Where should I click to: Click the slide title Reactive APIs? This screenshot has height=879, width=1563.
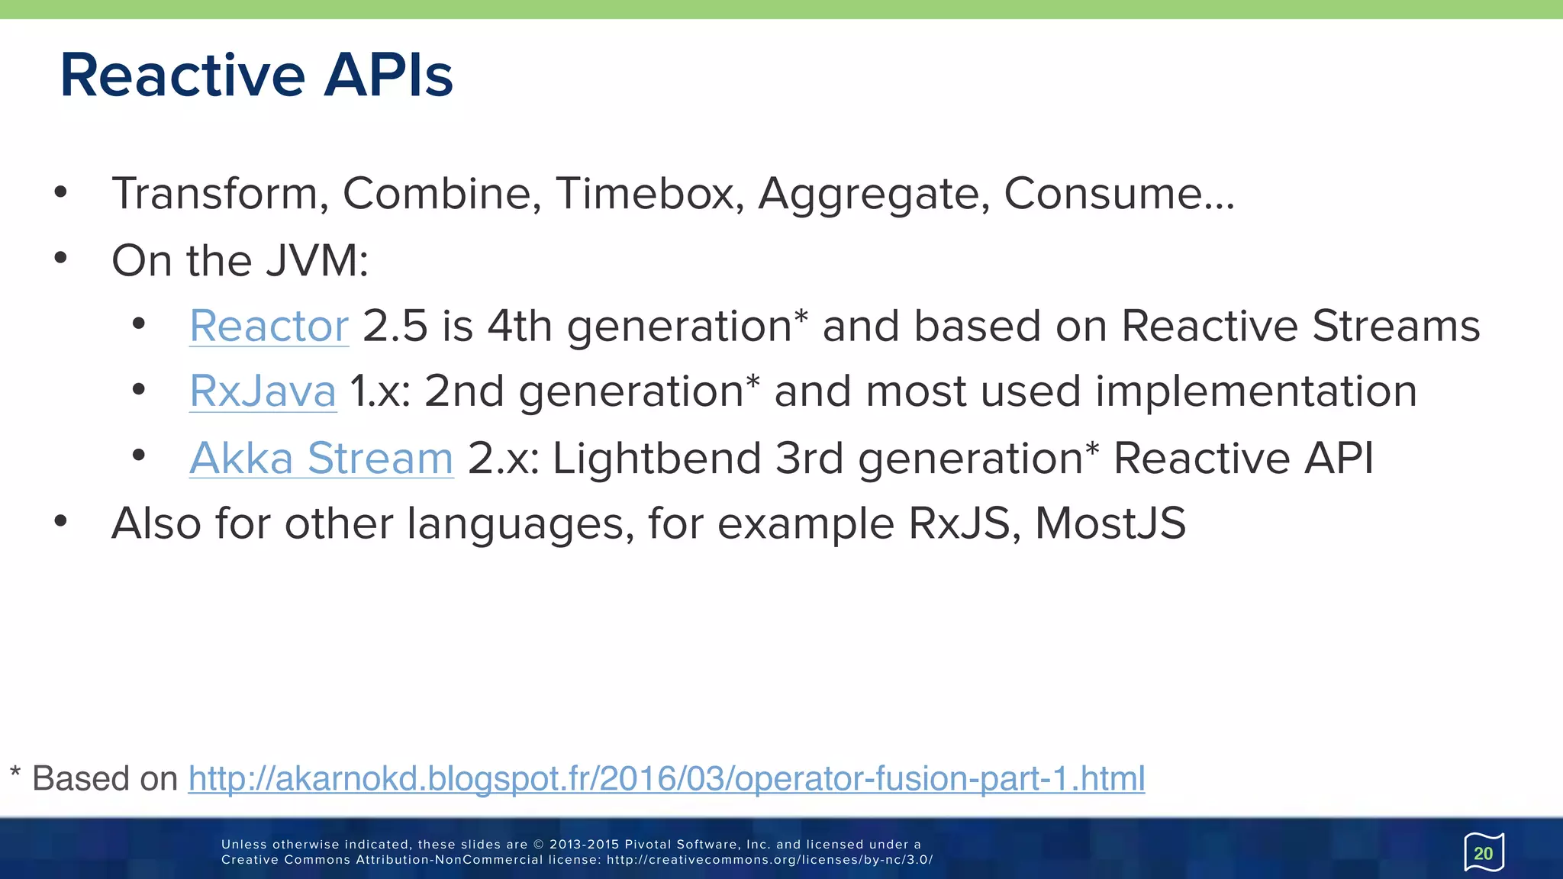[x=256, y=75]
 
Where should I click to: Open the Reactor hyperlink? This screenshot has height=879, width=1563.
[x=269, y=327]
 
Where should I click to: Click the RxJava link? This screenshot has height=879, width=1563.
[x=263, y=391]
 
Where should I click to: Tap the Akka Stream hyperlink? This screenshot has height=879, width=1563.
[x=321, y=459]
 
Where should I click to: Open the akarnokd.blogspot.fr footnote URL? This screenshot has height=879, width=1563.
[x=666, y=779]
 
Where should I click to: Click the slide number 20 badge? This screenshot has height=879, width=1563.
[x=1483, y=853]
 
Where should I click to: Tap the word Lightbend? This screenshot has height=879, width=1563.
[x=656, y=459]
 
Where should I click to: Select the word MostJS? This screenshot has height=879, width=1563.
[x=1110, y=524]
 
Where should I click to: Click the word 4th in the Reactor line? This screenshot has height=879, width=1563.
[x=520, y=327]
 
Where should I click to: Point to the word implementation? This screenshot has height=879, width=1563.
[x=1255, y=392]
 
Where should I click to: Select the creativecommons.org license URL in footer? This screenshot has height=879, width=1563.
[x=769, y=860]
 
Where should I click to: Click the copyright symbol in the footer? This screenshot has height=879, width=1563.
[x=539, y=845]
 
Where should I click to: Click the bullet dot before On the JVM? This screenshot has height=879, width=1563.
[x=61, y=258]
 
